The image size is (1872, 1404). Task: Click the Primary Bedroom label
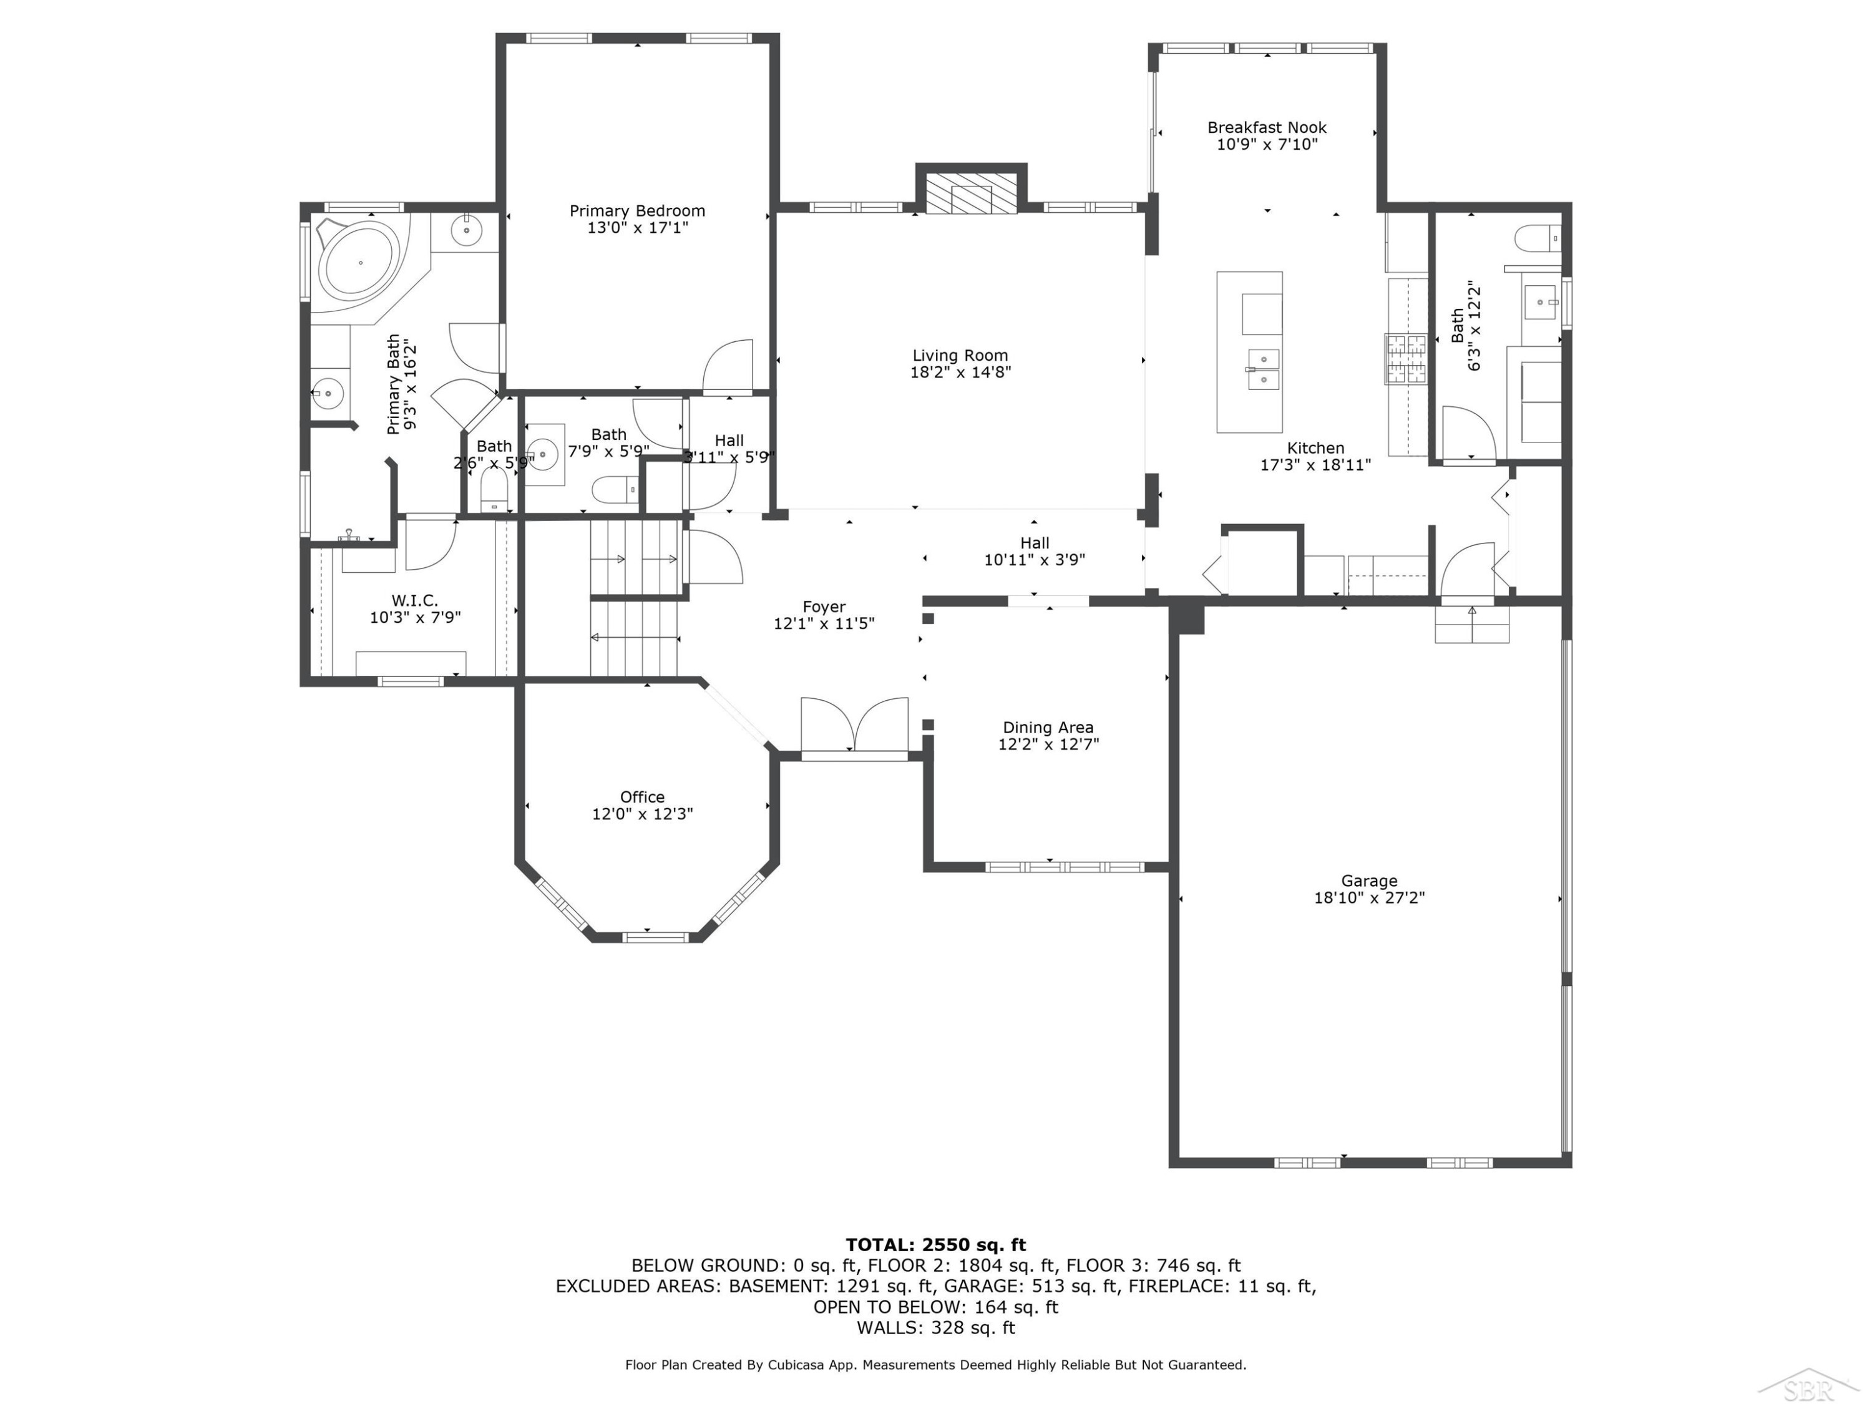[636, 211]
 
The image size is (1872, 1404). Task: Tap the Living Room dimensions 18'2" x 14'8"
[960, 371]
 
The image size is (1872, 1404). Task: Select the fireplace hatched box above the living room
[971, 194]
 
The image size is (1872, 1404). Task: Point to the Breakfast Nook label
[1267, 128]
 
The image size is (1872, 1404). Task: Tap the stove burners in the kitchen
[1405, 359]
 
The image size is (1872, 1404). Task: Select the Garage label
[1369, 881]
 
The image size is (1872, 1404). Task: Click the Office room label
[642, 797]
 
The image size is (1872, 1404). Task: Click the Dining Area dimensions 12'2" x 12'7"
[1048, 744]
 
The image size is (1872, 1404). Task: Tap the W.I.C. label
[415, 600]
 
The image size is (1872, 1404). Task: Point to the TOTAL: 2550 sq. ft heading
[936, 1245]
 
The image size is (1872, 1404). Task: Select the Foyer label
[824, 607]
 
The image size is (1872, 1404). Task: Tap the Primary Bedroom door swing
[728, 366]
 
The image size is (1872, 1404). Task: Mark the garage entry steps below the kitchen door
[1471, 625]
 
